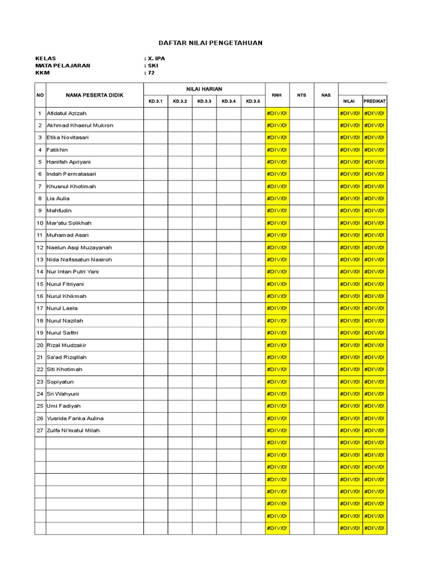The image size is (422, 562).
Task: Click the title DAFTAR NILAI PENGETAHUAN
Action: coord(210,43)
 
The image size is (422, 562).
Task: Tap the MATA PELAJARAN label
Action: coord(63,65)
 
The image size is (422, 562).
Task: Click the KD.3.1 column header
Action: coord(156,101)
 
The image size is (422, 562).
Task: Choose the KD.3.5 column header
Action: coord(253,101)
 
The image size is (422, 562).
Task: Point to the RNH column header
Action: coord(276,95)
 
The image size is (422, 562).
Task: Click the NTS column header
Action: coord(301,95)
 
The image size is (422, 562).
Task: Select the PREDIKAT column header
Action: coord(374,101)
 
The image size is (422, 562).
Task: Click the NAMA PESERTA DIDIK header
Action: coord(95,95)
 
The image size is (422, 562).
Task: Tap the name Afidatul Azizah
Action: coord(66,113)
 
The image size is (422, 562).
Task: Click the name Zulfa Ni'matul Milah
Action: coord(73,430)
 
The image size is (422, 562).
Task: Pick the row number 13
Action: coord(40,260)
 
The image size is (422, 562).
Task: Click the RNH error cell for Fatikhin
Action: coord(277,150)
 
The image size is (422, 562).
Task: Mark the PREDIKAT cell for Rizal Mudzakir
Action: coord(374,345)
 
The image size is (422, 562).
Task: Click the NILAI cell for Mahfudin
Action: coord(350,211)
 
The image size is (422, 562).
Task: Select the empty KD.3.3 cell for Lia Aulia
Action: coord(204,199)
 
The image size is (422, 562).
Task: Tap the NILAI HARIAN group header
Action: coord(204,89)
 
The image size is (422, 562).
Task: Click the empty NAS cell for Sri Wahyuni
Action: coord(326,394)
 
